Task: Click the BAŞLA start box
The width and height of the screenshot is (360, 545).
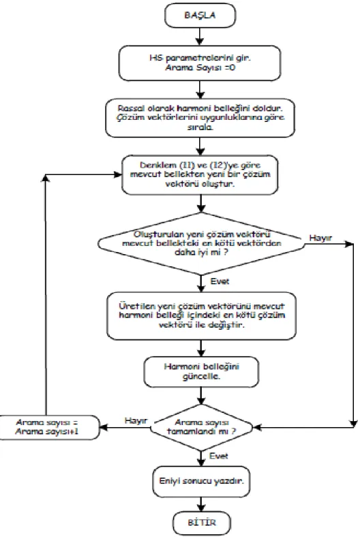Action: point(200,15)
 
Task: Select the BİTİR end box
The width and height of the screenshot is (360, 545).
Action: point(201,523)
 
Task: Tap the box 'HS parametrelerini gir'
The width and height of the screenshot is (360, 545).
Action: point(200,63)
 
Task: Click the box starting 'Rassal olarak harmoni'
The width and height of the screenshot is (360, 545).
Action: point(200,117)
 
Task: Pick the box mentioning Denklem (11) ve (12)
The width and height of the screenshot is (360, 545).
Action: point(200,174)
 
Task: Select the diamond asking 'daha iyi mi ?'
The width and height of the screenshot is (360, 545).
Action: point(201,243)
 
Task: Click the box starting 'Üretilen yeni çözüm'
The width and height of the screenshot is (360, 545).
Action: point(201,315)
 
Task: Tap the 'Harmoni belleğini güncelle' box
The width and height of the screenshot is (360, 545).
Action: point(201,371)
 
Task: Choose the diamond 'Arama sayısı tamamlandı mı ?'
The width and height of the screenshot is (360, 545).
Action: point(201,427)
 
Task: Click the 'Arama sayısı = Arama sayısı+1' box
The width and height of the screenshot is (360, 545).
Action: point(48,427)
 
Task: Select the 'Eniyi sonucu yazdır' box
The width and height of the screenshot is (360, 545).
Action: point(201,482)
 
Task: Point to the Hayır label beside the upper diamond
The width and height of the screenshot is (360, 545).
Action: point(320,238)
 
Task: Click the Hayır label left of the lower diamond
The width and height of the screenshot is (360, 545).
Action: point(136,420)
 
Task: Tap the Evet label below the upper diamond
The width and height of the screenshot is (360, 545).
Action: point(220,281)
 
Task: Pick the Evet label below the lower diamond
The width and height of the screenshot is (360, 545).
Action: point(219,456)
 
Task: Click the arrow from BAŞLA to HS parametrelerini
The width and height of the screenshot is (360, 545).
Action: point(200,37)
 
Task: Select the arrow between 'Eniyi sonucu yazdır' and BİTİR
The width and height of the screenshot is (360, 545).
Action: point(201,504)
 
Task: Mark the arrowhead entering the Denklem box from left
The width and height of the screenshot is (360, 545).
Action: point(117,174)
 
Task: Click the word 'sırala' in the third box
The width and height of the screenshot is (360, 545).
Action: point(200,127)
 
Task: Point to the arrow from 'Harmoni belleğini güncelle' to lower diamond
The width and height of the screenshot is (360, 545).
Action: point(201,396)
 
